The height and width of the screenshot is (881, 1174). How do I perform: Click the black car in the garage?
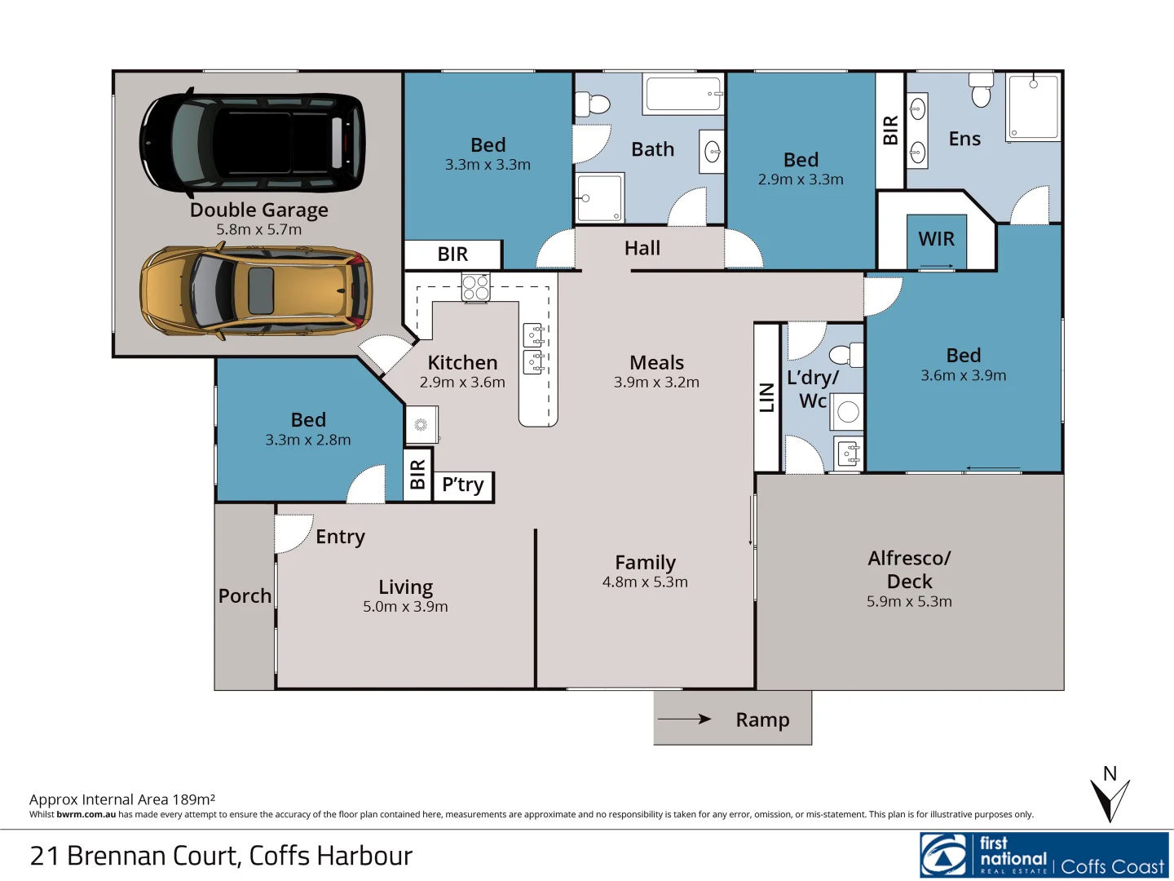pos(253,143)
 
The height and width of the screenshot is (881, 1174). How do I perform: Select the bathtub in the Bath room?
pos(683,94)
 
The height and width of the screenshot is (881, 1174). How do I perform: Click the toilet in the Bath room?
pos(593,104)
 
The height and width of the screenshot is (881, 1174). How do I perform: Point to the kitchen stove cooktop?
pos(475,287)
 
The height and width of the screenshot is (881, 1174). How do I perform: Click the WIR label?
pos(936,239)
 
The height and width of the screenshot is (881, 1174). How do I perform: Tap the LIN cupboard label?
pos(766,397)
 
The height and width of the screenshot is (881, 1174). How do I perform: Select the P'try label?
pos(462,485)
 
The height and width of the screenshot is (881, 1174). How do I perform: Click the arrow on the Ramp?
pos(685,719)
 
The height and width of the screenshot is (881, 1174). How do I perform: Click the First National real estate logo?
pos(1044,855)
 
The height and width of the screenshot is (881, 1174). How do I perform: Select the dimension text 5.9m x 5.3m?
pos(909,602)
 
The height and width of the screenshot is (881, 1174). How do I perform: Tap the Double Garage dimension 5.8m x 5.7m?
pos(258,230)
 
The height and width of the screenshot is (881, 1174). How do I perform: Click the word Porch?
pos(245,596)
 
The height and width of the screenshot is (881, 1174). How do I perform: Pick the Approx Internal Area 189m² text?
pos(122,799)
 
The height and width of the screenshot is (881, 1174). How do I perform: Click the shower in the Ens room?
pos(1033,107)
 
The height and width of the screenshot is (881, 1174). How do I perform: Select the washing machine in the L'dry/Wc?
pos(848,412)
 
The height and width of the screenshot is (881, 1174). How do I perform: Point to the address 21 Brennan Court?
pos(221,856)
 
